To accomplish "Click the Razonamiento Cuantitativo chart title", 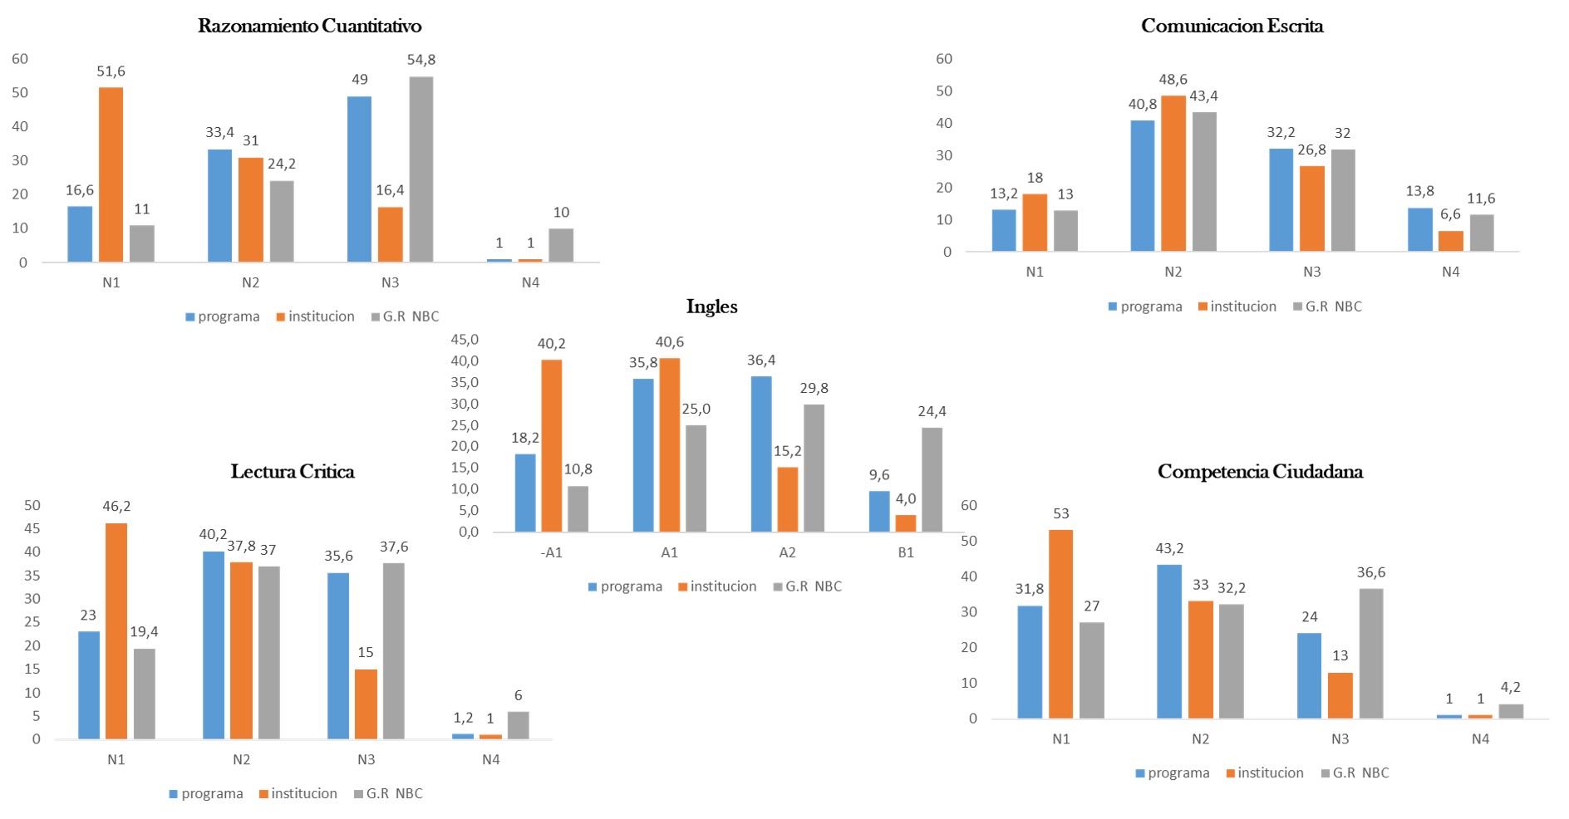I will [309, 26].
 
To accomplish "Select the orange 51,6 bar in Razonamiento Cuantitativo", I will [111, 174].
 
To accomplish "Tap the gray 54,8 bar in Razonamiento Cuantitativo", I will [421, 169].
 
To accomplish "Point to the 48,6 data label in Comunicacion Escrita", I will [1173, 80].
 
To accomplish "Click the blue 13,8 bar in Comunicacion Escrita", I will [1419, 229].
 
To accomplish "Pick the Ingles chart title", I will [711, 307].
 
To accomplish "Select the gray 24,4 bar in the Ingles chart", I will [932, 480].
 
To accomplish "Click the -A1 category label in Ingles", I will [551, 552].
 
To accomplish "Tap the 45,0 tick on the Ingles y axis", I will [465, 340].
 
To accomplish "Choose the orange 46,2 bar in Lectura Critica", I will [116, 631].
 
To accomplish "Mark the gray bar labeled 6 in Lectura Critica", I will [518, 725].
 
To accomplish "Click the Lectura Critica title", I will [293, 472].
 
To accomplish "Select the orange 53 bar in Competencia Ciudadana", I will [1060, 624].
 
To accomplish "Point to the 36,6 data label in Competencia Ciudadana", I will [1370, 572].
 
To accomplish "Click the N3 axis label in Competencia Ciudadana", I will [1340, 738].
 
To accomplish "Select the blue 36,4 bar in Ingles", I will [760, 454].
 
